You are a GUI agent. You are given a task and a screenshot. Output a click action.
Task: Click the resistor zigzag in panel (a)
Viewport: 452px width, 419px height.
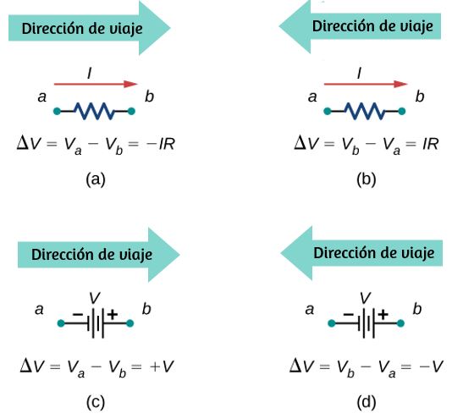tap(95, 111)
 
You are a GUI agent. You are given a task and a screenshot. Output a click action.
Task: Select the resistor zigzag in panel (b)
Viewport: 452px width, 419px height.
tap(365, 111)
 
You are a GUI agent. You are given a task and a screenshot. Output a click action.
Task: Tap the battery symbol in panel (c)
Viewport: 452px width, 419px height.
tap(96, 323)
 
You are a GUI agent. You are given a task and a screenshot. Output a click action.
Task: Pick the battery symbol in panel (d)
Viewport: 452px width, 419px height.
tap(367, 323)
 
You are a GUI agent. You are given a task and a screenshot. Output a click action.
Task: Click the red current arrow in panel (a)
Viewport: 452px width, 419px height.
tap(96, 84)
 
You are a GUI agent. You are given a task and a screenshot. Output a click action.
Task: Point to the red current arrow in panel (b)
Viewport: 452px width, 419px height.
tap(366, 84)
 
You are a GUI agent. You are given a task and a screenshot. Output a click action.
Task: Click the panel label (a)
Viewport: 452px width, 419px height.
tap(96, 179)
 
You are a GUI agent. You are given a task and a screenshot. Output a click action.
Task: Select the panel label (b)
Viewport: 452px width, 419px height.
tap(367, 179)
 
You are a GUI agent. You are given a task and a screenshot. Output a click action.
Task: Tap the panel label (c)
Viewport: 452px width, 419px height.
tap(96, 402)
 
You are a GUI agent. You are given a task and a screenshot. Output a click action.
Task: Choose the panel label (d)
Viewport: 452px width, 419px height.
tap(367, 402)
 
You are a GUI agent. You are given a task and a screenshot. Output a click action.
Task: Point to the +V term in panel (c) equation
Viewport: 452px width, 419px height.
tap(162, 367)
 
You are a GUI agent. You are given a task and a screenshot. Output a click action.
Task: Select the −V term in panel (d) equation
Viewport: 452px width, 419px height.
tap(431, 367)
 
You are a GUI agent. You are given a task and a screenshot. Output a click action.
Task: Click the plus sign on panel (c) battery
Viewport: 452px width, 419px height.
tap(113, 314)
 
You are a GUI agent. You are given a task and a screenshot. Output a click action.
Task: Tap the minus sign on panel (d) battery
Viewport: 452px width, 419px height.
tap(348, 314)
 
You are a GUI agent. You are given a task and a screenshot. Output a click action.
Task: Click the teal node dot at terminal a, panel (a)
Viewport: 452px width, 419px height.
tap(57, 111)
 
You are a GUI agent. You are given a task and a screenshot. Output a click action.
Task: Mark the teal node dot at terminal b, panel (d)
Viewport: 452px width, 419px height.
tap(400, 323)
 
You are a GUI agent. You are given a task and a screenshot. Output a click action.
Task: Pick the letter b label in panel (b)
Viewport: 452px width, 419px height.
tap(420, 96)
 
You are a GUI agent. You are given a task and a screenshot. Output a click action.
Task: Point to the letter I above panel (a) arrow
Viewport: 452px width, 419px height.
tap(90, 74)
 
